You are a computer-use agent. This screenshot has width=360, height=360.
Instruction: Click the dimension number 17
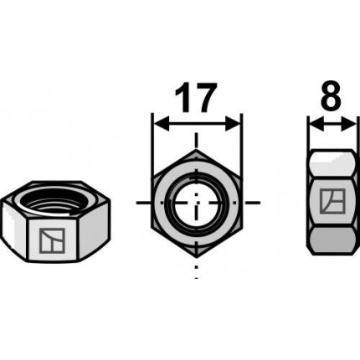[196, 96]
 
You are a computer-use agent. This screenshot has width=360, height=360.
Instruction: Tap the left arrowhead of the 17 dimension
[162, 123]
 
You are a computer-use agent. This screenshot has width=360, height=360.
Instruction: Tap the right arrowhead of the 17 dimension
[233, 123]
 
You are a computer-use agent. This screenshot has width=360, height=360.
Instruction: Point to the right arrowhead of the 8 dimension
[348, 124]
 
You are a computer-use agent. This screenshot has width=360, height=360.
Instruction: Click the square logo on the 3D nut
[52, 240]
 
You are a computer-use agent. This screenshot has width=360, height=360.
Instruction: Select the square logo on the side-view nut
[332, 202]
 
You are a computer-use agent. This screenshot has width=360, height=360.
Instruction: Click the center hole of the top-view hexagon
[197, 203]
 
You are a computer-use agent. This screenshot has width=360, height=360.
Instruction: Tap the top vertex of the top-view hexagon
[197, 150]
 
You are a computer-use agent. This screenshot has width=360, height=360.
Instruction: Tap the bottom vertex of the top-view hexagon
[197, 256]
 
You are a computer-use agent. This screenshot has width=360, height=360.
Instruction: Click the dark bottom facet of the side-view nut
[332, 240]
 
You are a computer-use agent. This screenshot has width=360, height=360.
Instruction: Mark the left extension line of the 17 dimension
[152, 148]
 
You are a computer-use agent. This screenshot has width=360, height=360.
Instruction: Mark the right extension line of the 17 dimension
[241, 148]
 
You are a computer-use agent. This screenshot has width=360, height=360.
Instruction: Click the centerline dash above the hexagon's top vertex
[197, 141]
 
